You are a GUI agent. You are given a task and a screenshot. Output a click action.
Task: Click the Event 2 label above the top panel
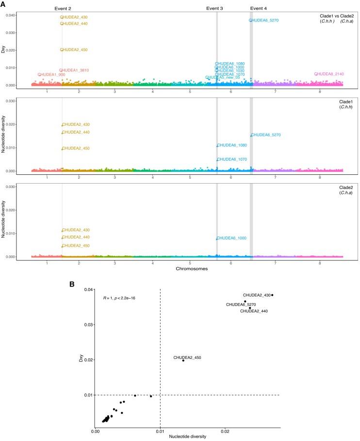click(62, 8)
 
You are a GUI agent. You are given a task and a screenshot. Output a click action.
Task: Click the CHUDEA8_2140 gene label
click(329, 74)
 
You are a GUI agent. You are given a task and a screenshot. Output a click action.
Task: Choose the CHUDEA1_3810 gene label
click(75, 70)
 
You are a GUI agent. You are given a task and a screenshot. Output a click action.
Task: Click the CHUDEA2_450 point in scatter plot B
click(183, 360)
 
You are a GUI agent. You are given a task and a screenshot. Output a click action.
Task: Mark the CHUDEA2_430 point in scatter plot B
click(272, 295)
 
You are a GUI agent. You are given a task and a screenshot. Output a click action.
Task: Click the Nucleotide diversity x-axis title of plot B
click(187, 437)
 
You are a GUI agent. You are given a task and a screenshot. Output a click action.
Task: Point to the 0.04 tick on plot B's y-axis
click(87, 290)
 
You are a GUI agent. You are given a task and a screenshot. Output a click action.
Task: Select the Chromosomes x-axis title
click(187, 268)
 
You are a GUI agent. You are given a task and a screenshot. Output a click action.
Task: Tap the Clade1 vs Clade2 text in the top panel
click(335, 16)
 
